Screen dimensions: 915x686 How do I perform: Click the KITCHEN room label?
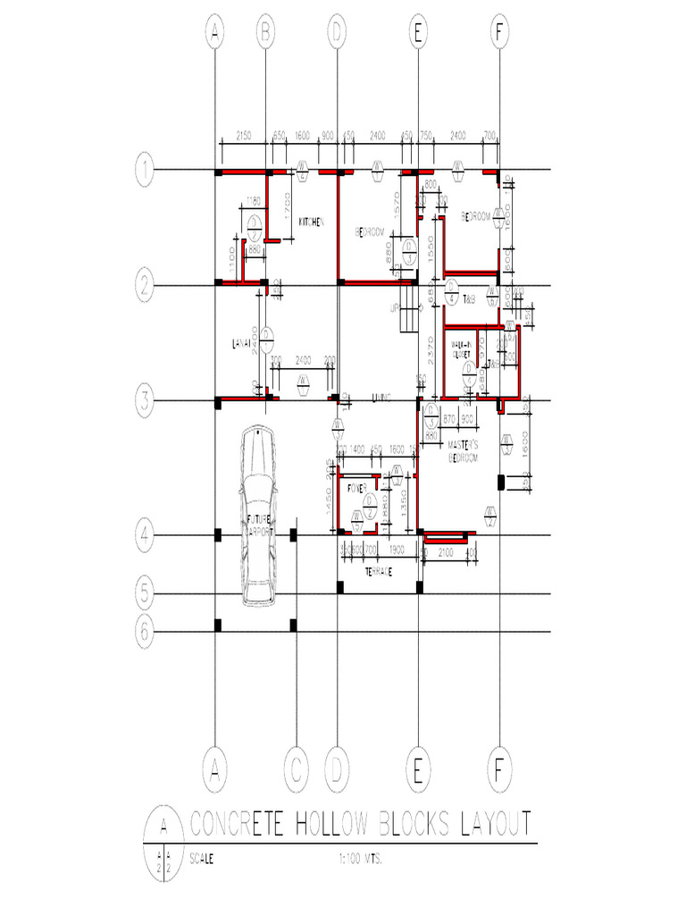click(x=310, y=222)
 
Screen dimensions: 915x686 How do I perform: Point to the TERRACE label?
click(x=380, y=572)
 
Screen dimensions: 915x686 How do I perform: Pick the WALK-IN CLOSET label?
click(x=461, y=348)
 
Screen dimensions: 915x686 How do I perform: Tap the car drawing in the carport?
click(x=257, y=516)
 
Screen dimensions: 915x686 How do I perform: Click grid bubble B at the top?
click(x=265, y=34)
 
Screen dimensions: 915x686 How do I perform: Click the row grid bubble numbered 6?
click(x=146, y=632)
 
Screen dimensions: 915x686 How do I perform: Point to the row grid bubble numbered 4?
click(x=146, y=535)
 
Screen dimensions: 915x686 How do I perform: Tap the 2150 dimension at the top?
click(x=243, y=137)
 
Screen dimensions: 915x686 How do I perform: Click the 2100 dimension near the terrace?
click(x=447, y=553)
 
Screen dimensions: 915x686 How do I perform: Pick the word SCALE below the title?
click(x=201, y=859)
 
